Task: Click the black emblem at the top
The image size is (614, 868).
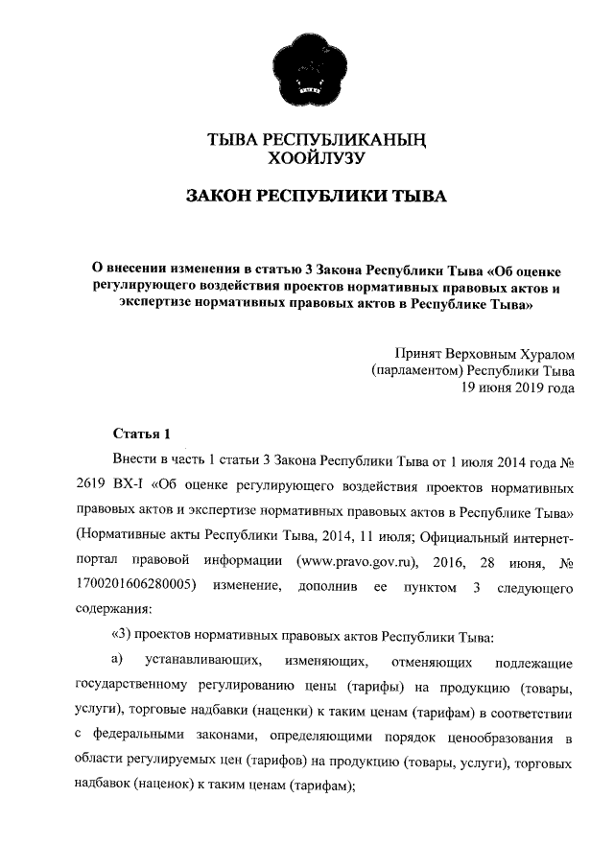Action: (307, 68)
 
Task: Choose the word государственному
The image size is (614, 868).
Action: (137, 687)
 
